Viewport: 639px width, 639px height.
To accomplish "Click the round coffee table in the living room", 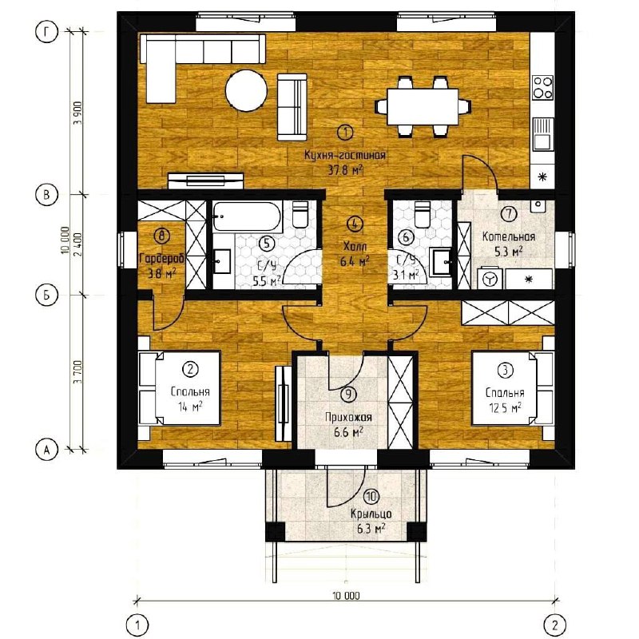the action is tap(247, 91).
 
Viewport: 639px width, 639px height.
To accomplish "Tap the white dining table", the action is tap(423, 107).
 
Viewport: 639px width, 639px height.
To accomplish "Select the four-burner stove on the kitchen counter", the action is tap(543, 88).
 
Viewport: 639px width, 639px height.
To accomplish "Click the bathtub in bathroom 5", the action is tap(247, 216).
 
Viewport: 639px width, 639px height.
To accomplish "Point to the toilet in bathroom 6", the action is tap(422, 214).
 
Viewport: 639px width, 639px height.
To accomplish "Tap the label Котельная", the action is tap(509, 236).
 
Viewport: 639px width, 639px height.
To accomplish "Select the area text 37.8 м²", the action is tap(346, 170).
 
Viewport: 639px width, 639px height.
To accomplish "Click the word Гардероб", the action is tap(162, 258).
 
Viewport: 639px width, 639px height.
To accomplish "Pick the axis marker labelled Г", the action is tap(46, 33).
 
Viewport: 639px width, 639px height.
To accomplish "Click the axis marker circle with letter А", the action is tap(46, 450).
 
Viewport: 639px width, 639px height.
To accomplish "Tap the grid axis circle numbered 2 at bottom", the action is tap(555, 625).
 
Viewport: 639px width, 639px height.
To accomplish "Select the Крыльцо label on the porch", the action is tap(371, 514).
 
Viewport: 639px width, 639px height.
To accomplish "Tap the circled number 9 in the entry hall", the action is tap(348, 394).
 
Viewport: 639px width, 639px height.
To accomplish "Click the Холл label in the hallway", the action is tap(355, 246).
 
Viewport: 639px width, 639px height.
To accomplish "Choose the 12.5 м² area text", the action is tap(506, 407).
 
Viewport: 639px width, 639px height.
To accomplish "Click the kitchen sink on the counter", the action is tap(543, 133).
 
